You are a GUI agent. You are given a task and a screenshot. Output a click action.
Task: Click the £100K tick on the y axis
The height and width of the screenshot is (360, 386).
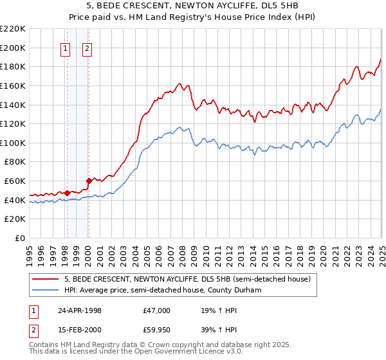click(13, 143)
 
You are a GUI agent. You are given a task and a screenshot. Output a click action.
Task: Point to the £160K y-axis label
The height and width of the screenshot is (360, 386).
click(13, 85)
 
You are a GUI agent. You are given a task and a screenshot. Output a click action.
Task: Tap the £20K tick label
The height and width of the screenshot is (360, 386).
click(15, 219)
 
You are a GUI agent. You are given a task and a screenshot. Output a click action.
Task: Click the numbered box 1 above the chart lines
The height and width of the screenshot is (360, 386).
click(66, 48)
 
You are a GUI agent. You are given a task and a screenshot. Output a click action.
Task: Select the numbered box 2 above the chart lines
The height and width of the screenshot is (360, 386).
click(87, 48)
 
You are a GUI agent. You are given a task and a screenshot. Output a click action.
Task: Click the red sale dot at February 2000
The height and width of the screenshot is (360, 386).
click(89, 181)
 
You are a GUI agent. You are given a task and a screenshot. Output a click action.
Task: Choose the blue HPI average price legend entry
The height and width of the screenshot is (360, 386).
click(170, 291)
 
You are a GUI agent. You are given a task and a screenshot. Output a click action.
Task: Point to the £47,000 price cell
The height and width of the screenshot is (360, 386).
click(156, 310)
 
